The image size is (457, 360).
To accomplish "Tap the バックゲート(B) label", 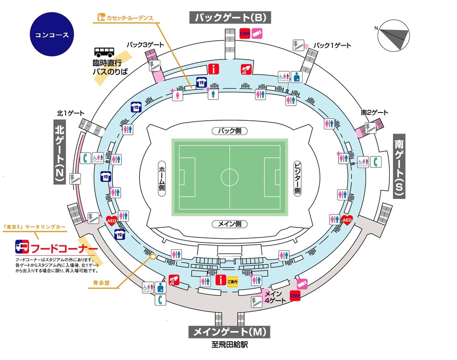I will click(230, 18).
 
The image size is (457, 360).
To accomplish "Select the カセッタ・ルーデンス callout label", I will click(127, 19).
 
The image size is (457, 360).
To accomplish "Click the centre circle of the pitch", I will click(229, 177).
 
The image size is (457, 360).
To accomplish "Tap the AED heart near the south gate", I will click(347, 220).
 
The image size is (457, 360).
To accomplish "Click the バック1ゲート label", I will click(334, 45).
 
